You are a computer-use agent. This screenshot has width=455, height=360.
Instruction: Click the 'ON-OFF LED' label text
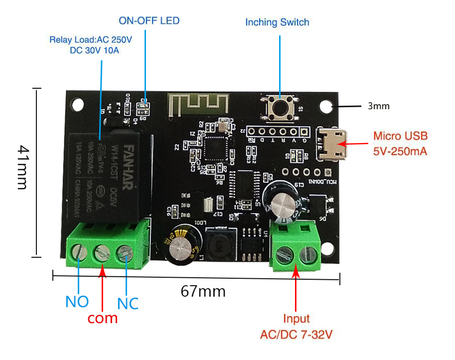(x=149, y=21)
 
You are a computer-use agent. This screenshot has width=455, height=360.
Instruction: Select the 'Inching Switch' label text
(x=277, y=22)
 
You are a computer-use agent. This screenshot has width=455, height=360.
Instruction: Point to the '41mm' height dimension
(x=23, y=167)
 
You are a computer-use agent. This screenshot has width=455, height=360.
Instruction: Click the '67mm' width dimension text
(x=203, y=291)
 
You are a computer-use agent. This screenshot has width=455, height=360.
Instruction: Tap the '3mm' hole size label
(x=379, y=106)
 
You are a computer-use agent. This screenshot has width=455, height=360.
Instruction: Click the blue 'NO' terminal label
(x=77, y=302)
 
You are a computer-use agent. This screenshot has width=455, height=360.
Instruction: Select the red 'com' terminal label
(x=103, y=318)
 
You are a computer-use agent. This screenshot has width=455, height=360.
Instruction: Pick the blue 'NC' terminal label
(x=128, y=303)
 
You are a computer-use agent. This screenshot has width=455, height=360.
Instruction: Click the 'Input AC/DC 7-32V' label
(x=296, y=327)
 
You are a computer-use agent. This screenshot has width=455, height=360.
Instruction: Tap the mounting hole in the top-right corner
(x=326, y=106)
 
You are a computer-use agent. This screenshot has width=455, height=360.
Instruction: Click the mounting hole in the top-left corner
(x=78, y=104)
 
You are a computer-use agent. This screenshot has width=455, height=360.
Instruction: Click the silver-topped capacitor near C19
(x=282, y=200)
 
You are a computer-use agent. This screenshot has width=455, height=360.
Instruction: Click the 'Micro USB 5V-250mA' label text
(x=401, y=144)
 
